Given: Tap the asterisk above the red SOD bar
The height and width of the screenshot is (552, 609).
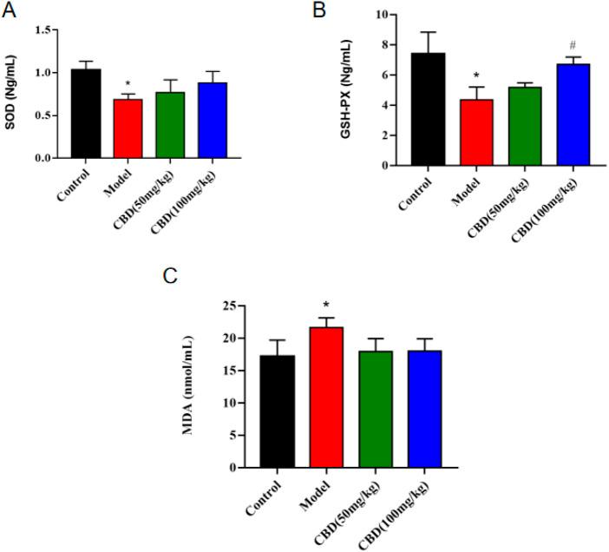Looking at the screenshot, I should [128, 85].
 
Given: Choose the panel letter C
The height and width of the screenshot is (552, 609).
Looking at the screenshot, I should [171, 276].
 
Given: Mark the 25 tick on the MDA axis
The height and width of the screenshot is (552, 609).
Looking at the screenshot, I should [229, 306].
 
